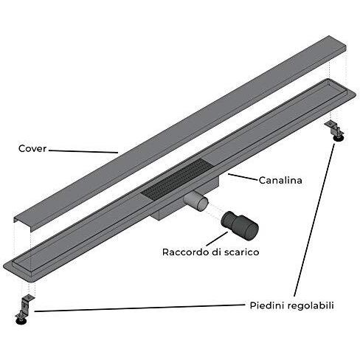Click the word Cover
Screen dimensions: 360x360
(x=32, y=148)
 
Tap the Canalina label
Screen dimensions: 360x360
(x=280, y=180)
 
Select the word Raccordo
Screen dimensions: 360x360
(x=181, y=252)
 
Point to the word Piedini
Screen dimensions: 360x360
(x=267, y=305)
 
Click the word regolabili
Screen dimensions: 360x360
(x=311, y=305)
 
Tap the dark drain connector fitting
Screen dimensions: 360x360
(x=240, y=225)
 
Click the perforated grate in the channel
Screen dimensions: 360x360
(x=176, y=179)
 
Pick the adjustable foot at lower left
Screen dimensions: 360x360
(x=24, y=309)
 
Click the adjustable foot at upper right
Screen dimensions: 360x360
(x=335, y=131)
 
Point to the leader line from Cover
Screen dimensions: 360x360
(x=83, y=151)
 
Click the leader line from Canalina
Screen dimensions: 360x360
(x=243, y=177)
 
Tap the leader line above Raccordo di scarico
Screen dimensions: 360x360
(x=217, y=238)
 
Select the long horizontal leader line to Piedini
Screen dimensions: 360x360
(x=139, y=308)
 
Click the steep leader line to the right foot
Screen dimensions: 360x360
(x=314, y=220)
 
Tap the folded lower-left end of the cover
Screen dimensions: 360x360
(x=23, y=220)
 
